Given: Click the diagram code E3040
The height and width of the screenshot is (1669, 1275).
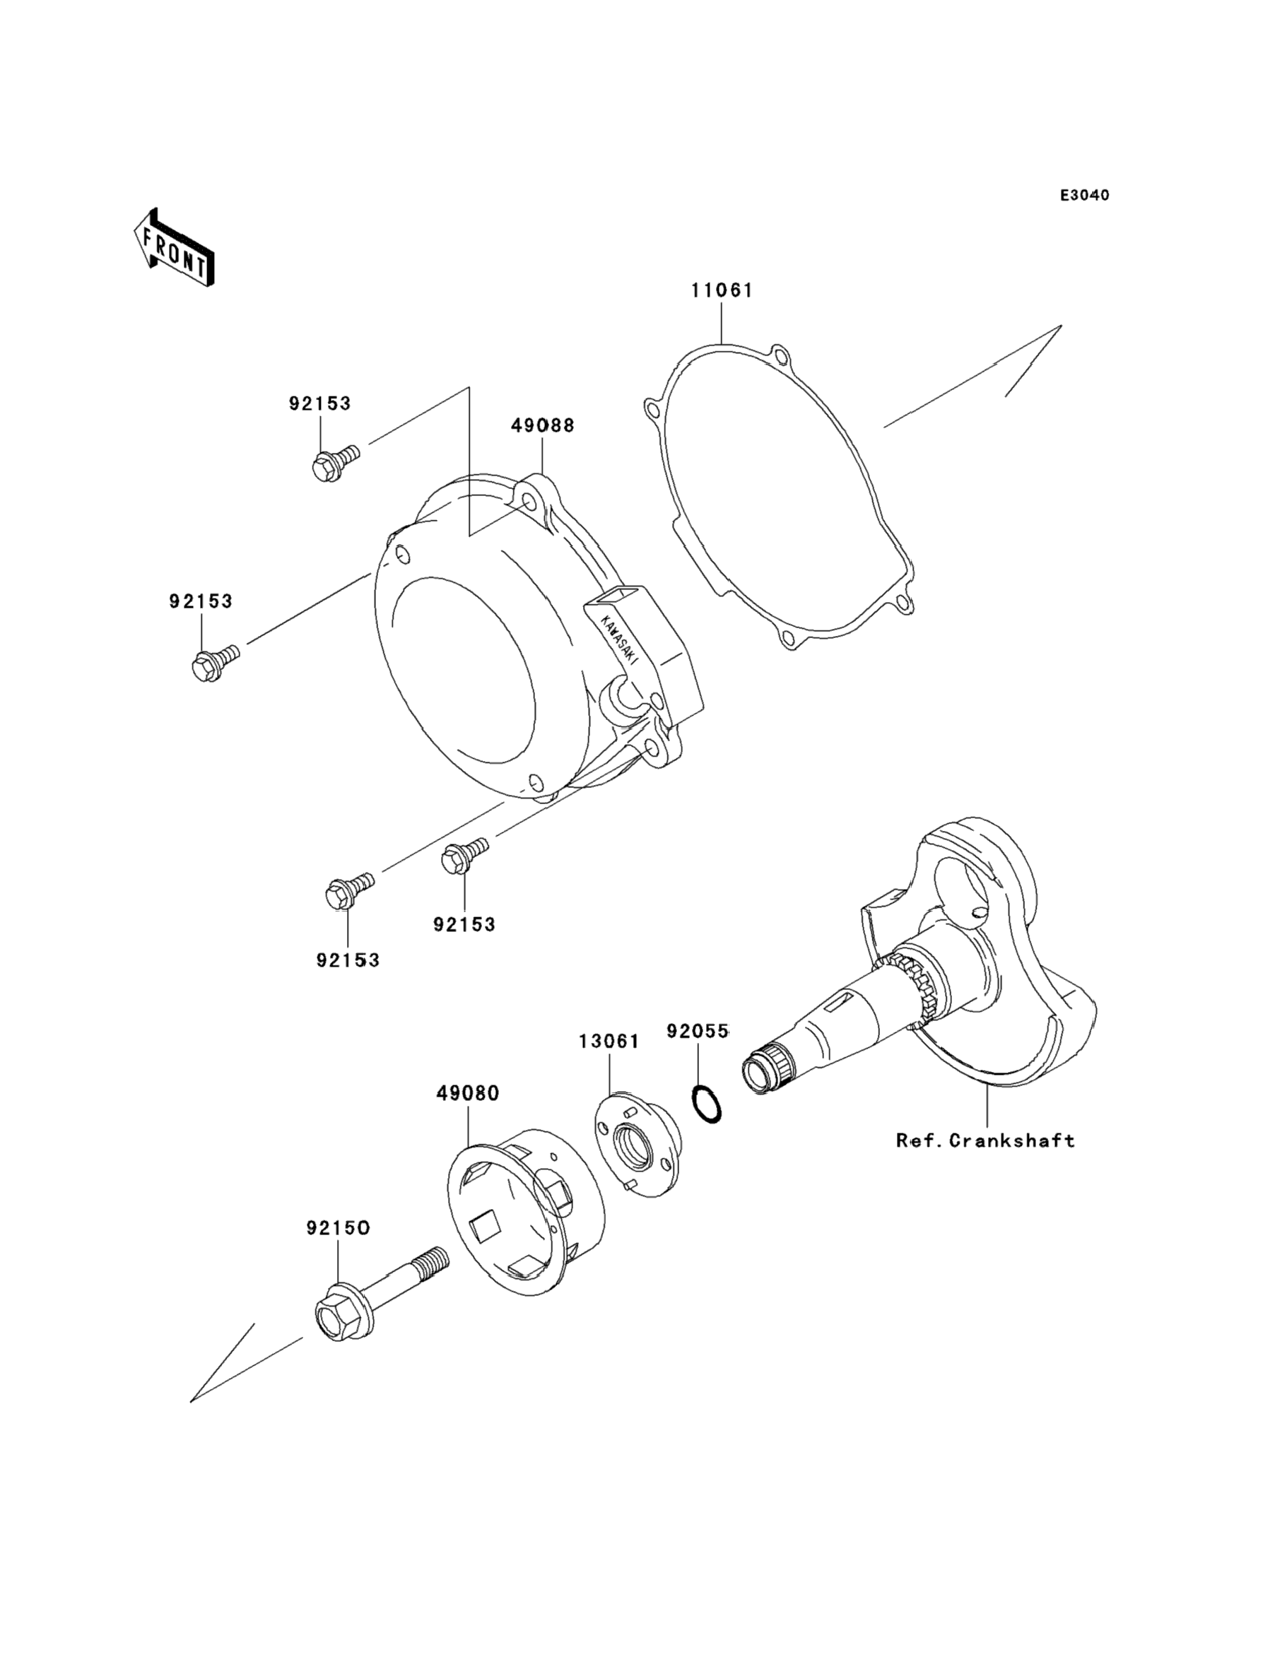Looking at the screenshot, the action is (1084, 196).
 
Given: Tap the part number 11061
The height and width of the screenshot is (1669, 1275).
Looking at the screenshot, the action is (722, 290).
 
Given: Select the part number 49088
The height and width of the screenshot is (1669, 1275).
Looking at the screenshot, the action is (543, 425).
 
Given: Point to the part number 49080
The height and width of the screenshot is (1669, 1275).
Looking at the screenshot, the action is (469, 1093).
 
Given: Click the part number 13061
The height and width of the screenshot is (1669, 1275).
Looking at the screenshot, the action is (609, 1041).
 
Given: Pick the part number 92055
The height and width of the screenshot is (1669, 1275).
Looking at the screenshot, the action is (698, 1031).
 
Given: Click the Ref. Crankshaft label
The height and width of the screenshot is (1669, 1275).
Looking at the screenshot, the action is (986, 1162).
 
